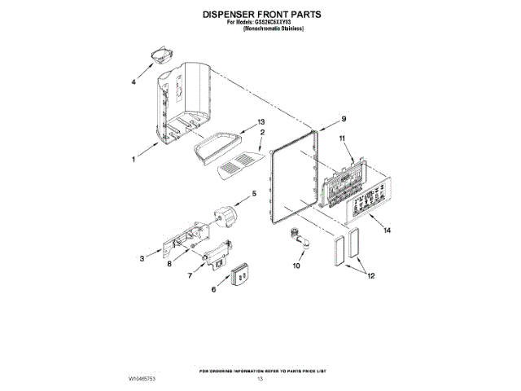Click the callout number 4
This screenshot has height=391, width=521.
click(134, 81)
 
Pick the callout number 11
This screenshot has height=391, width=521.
click(343, 138)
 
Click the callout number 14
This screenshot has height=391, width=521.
click(387, 231)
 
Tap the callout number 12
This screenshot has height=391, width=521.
click(370, 276)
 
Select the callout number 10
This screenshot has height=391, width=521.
click(296, 266)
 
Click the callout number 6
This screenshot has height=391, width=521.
click(215, 288)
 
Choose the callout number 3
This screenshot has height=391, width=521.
click(142, 258)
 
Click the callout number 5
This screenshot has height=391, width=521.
click(253, 193)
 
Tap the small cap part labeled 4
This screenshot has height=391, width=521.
click(158, 59)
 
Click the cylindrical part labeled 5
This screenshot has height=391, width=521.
click(224, 216)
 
